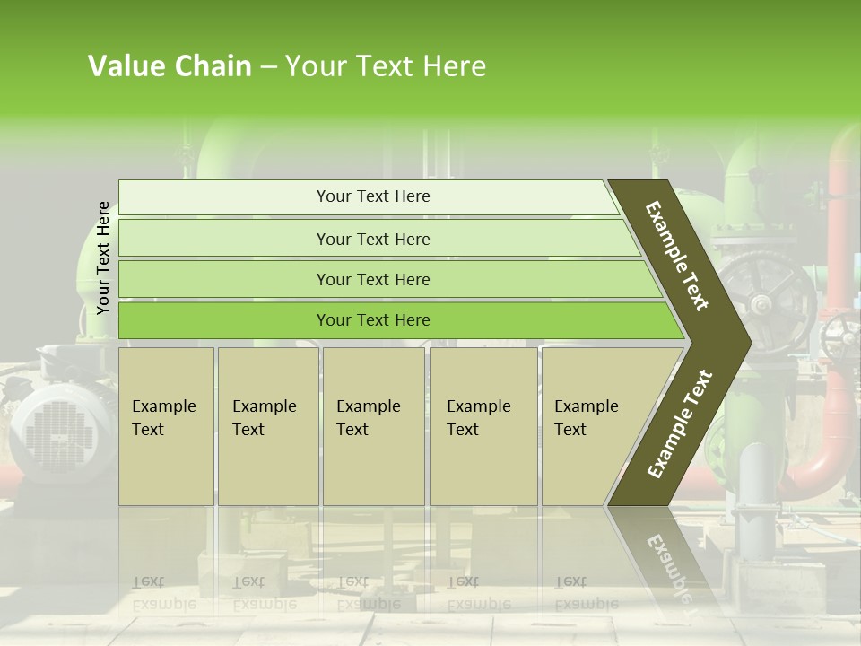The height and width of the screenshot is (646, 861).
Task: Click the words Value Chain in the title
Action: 170,66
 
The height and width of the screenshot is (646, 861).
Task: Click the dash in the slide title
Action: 268,66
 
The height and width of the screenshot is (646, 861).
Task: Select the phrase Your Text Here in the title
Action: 386,66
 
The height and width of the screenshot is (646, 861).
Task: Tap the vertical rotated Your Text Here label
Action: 103,258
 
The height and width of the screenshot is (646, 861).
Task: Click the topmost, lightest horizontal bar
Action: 373,196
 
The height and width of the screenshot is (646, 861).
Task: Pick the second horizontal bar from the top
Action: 373,239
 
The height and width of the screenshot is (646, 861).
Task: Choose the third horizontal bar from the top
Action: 373,279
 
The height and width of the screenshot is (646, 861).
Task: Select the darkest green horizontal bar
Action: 373,320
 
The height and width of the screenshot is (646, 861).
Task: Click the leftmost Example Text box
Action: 166,426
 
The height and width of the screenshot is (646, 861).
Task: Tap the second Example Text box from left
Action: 267,426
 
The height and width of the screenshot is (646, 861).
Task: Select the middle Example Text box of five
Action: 372,426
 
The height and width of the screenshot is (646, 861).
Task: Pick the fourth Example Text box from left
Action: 483,426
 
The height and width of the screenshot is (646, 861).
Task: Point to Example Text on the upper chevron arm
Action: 677,256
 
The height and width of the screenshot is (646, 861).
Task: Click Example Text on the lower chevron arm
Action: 680,424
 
